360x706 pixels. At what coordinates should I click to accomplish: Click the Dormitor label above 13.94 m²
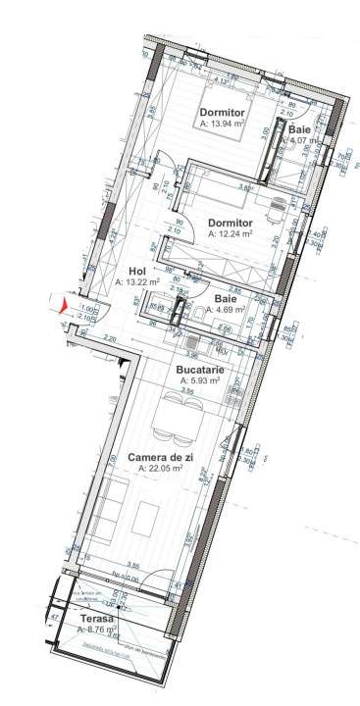click(223, 113)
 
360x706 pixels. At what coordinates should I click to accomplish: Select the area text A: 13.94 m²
click(222, 125)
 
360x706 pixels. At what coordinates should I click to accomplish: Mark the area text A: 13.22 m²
click(137, 282)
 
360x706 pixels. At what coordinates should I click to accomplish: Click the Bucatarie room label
click(200, 371)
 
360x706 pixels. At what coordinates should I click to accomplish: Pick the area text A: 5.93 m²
click(200, 382)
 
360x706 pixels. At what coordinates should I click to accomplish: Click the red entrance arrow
click(65, 307)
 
